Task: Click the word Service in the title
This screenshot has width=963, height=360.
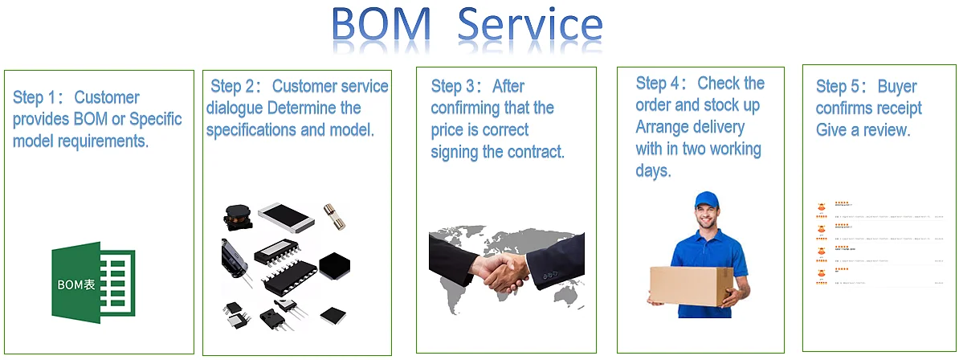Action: point(530,26)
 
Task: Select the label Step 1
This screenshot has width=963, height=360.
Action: point(35,98)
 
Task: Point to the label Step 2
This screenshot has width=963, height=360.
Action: point(232,87)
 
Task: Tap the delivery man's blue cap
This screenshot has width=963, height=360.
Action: point(706,200)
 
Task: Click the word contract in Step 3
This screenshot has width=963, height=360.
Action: point(534,151)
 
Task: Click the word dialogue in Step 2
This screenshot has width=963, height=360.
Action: point(235,108)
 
